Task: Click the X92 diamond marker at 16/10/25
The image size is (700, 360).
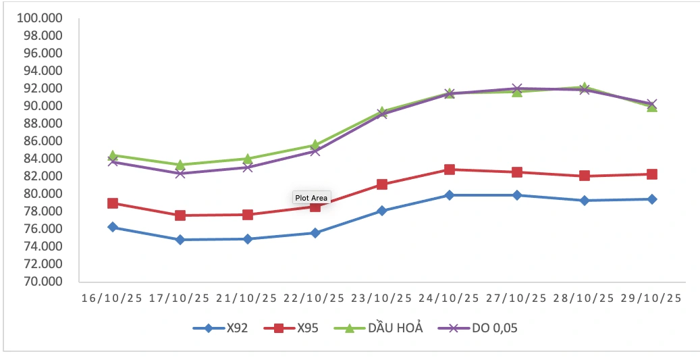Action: tap(113, 227)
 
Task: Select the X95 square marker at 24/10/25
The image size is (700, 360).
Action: tap(450, 170)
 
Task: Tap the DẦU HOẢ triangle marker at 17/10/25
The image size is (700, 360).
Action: tap(180, 164)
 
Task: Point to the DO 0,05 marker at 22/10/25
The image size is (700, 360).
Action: tap(315, 151)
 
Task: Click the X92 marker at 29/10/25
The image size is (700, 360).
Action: tap(652, 199)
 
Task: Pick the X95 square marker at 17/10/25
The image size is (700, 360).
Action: tap(180, 215)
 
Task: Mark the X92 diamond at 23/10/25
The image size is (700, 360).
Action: tap(382, 211)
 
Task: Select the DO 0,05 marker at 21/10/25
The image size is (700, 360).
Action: tap(248, 167)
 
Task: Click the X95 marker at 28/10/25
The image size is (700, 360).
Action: tap(585, 176)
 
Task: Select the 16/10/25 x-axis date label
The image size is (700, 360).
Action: tap(112, 298)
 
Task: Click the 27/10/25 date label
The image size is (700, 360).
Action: tap(517, 298)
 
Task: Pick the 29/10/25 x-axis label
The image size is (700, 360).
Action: tap(652, 298)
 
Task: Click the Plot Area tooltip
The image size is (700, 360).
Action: tap(311, 198)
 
